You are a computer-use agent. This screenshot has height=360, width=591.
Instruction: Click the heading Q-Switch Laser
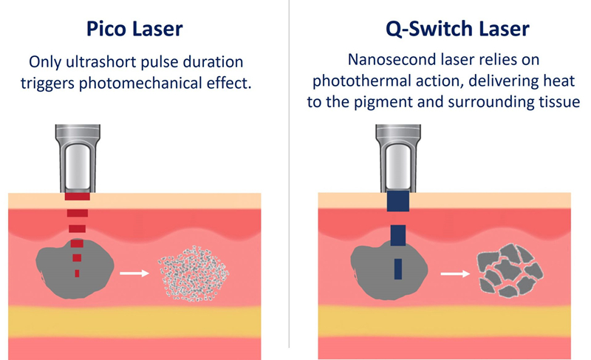tap(443, 30)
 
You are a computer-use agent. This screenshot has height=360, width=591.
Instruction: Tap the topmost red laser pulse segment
tap(77, 197)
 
